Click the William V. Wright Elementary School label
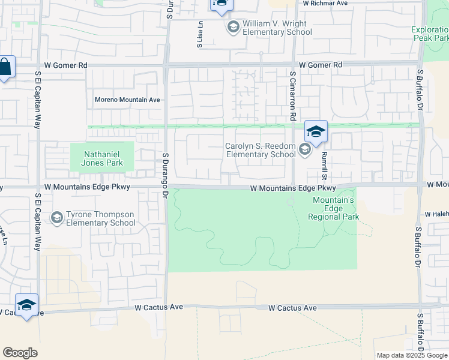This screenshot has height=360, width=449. (277, 28)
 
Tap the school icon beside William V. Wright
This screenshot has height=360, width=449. (232, 27)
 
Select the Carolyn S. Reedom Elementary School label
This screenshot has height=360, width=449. (260, 150)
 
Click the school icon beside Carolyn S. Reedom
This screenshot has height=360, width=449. (304, 149)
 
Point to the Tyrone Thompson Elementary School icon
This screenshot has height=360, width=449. (57, 218)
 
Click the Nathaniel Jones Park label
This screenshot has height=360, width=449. (101, 157)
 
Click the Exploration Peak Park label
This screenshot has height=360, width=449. (429, 34)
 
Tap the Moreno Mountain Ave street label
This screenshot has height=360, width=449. (127, 100)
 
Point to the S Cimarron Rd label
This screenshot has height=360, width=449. (293, 95)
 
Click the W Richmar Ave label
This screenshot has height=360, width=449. (325, 3)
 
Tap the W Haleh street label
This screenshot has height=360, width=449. (436, 214)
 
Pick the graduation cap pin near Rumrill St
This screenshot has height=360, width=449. (316, 131)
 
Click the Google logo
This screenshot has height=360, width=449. (20, 352)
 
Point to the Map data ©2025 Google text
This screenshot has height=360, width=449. (411, 355)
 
